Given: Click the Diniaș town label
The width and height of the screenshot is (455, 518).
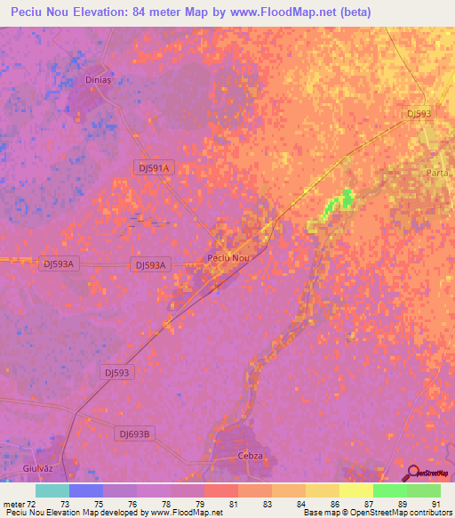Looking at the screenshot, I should tap(97, 78).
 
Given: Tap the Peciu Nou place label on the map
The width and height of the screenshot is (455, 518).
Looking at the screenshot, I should tap(228, 258).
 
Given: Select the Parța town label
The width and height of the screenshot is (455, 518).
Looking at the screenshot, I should tap(437, 173).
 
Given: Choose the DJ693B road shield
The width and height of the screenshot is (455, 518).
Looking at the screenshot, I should tap(135, 433).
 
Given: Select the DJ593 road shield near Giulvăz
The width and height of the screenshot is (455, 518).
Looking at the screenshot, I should tap(117, 373).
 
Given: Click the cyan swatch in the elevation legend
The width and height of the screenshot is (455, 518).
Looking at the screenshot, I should tap(52, 490).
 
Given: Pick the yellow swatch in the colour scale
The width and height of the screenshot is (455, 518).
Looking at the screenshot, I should tap(355, 490).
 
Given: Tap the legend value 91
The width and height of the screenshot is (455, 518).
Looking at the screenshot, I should tap(435, 503).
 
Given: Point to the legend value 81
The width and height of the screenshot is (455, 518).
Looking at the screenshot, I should tap(233, 503).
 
